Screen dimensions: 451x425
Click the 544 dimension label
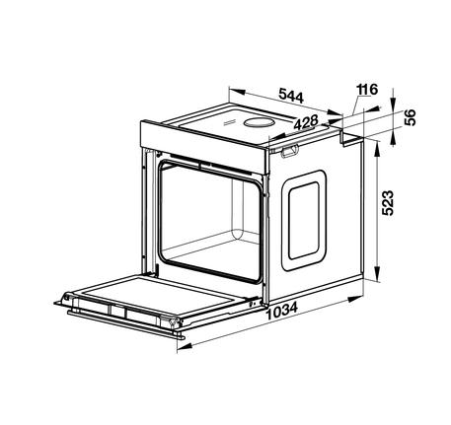(x=291, y=96)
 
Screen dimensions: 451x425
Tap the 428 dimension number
(x=306, y=122)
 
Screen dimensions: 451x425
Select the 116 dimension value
(x=367, y=90)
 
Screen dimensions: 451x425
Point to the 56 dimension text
(x=410, y=117)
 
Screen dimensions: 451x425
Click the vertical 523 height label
(x=388, y=203)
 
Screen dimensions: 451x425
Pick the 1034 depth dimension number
(x=282, y=311)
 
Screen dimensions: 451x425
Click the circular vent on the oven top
(x=259, y=122)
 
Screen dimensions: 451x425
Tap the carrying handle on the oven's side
(x=289, y=151)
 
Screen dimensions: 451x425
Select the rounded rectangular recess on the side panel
(x=304, y=221)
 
